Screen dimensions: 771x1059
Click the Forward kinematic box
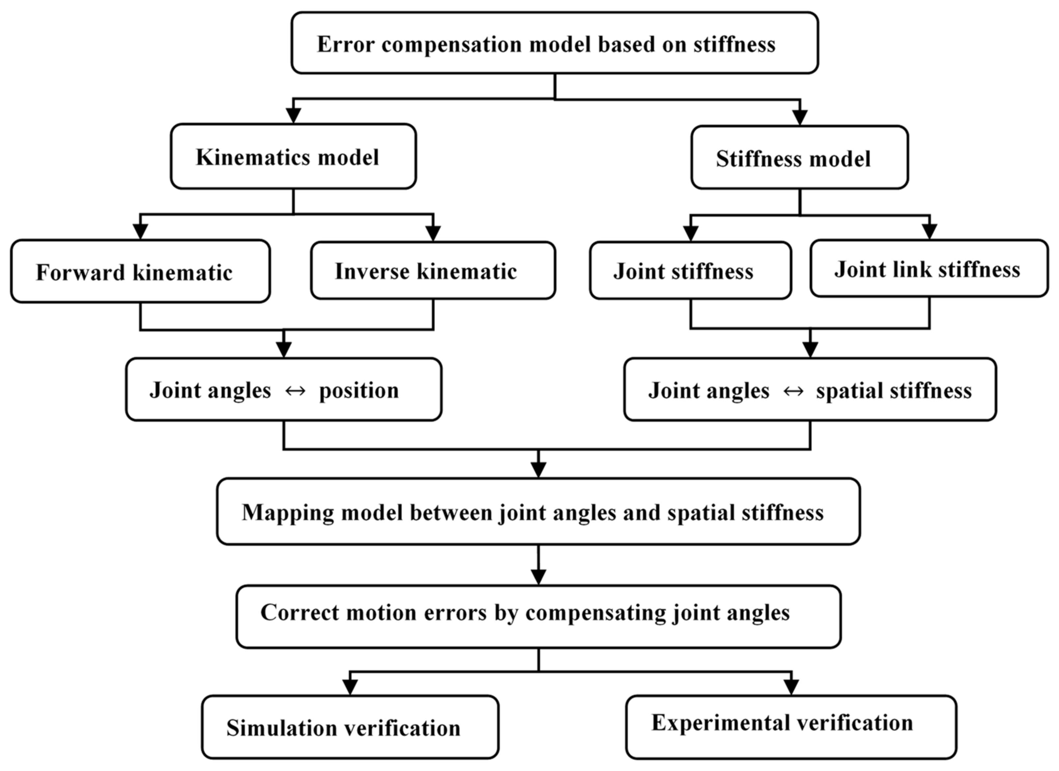pyautogui.click(x=140, y=272)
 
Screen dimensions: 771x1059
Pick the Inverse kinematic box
pyautogui.click(x=433, y=271)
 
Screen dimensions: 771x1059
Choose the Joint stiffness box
pyautogui.click(x=690, y=271)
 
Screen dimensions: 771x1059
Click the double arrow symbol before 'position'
pyautogui.click(x=295, y=391)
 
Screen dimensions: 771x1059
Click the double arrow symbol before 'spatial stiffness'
pyautogui.click(x=793, y=391)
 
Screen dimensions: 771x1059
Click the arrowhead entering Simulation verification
pyautogui.click(x=350, y=687)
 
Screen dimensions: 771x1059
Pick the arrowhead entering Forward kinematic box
pyautogui.click(x=140, y=231)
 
